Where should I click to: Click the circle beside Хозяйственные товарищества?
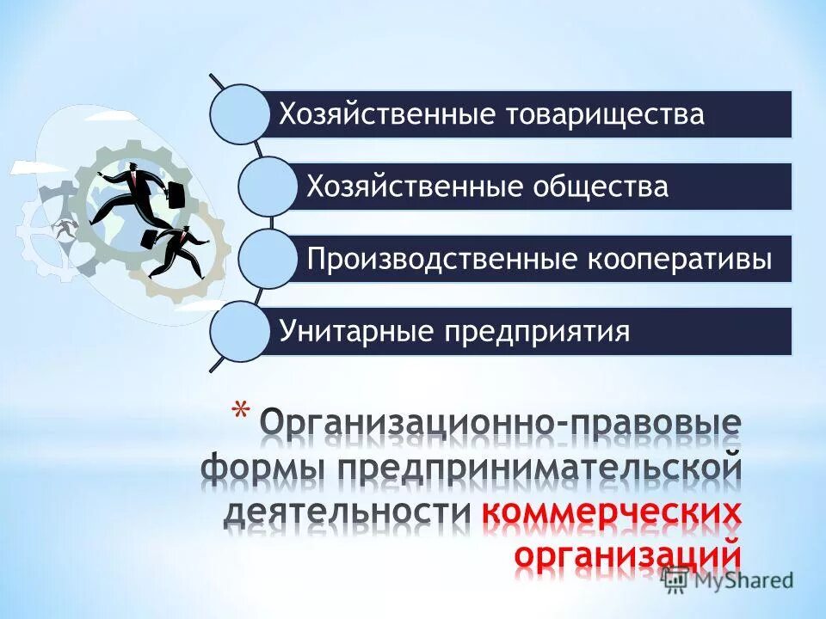(x=239, y=113)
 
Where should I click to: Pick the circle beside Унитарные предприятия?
(x=239, y=332)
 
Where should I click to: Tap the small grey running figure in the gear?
(x=62, y=229)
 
